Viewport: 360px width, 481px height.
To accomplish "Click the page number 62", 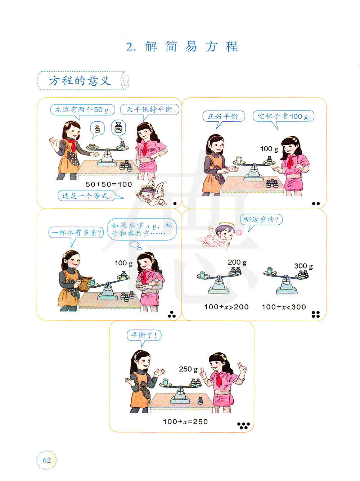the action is point(46,460).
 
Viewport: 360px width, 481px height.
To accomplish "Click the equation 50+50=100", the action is point(109,184).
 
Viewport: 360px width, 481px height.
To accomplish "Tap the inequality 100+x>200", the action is point(226,307).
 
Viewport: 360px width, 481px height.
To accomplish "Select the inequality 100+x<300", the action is point(284,307).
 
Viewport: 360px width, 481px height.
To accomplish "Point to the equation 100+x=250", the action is point(185,421).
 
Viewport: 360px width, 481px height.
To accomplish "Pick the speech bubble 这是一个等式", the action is point(87,195).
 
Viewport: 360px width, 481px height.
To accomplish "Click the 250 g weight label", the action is point(188,369).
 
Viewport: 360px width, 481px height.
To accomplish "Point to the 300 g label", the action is point(303,266).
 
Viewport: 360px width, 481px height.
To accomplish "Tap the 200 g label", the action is point(237,262).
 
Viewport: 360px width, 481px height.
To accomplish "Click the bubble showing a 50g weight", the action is point(97,129).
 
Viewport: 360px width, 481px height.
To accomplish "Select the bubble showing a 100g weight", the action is point(118,128).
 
